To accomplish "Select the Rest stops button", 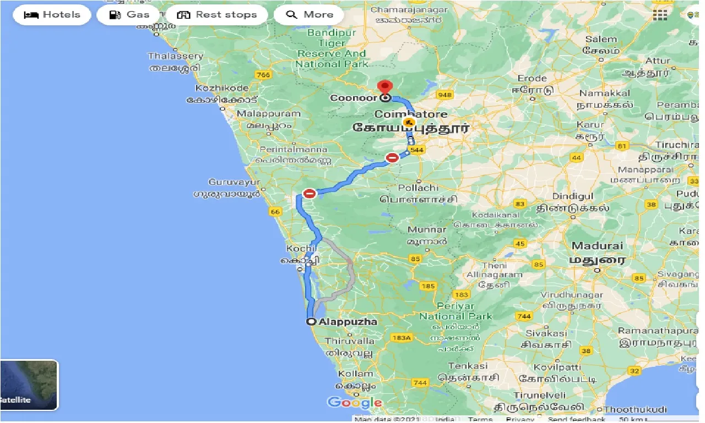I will (217, 15).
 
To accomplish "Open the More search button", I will (308, 15).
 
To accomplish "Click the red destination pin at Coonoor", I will (385, 88).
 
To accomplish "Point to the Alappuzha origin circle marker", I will (311, 322).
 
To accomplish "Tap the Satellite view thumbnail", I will (29, 385).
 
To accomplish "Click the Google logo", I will (355, 403).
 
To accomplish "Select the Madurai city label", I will (596, 246).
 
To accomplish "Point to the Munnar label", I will (427, 230).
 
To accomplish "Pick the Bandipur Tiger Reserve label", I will (332, 48).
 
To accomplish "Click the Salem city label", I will (601, 39).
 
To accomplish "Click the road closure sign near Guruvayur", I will (310, 193).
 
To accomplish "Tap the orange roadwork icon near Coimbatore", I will (409, 122).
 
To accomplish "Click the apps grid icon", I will (660, 15).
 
